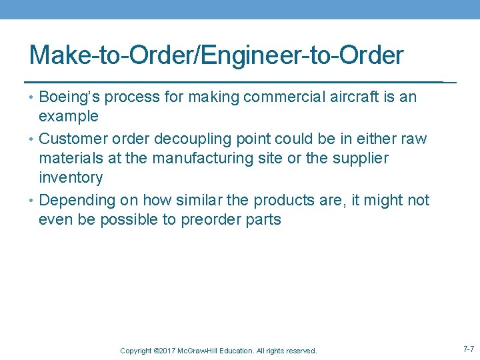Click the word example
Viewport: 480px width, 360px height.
coord(69,117)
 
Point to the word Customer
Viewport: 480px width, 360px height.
coord(72,139)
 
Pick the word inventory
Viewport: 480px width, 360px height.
coord(71,178)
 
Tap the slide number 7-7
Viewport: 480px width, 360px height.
coord(469,349)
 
